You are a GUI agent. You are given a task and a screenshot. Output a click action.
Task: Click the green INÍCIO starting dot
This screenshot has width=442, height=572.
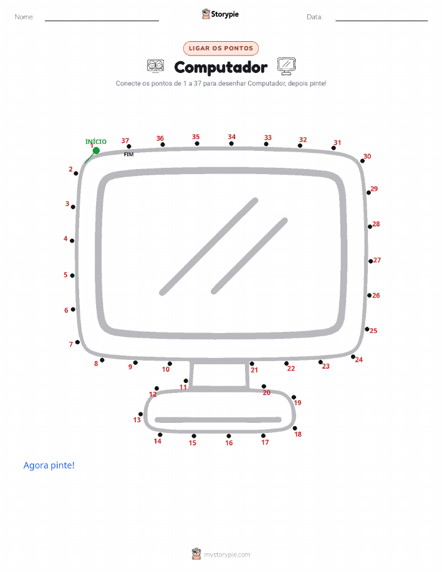[96, 151]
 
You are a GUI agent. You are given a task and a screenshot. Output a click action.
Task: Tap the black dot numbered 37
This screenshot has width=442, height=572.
[128, 147]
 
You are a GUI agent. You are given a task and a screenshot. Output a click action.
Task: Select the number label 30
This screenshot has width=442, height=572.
[367, 156]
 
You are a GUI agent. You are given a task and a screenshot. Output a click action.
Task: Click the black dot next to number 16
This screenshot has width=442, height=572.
[229, 436]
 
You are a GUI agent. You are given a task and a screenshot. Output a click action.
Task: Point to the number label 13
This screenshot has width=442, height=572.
[137, 420]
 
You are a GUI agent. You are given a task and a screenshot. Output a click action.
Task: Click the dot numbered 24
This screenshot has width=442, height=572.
[353, 357]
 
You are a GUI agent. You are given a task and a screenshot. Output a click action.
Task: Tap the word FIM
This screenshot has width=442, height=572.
[128, 154]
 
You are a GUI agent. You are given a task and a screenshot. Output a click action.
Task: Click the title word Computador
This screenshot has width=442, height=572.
[221, 67]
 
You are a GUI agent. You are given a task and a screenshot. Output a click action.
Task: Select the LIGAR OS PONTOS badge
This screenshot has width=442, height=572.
[221, 48]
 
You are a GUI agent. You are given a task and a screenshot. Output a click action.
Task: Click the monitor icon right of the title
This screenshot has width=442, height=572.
[286, 66]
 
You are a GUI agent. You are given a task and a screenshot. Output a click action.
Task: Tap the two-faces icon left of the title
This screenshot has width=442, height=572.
[155, 66]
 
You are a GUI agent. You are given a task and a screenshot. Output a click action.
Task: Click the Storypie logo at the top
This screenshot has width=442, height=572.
[220, 14]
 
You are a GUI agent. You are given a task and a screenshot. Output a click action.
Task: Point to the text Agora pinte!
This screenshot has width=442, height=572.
[49, 465]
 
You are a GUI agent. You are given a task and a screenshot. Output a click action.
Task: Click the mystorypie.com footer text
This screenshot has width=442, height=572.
[227, 555]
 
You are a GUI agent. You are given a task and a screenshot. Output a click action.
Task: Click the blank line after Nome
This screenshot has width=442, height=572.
[102, 21]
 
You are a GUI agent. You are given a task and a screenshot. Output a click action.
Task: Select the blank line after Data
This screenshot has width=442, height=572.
[382, 21]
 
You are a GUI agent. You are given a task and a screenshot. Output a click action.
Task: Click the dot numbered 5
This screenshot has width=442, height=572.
[72, 276]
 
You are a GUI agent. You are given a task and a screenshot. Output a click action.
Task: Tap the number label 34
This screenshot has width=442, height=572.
[231, 137]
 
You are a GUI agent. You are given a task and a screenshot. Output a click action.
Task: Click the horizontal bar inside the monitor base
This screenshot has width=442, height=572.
[218, 420]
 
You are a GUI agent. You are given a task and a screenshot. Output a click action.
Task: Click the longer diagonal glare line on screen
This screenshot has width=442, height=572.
[209, 246]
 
